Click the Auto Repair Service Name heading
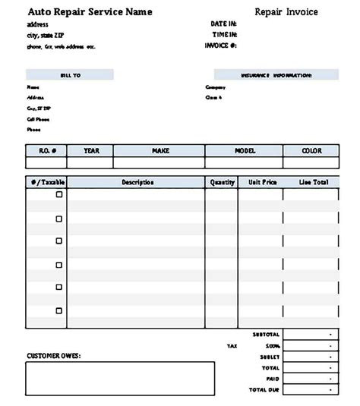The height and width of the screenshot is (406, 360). tap(90, 12)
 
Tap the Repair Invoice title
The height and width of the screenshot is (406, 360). tap(286, 12)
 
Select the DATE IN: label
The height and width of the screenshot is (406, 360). tap(224, 24)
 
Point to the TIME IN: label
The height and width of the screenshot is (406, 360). tap(224, 35)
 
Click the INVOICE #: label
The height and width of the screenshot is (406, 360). tap(221, 46)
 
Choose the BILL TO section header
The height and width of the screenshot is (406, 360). tap(70, 75)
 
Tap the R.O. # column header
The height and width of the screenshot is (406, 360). tap(46, 151)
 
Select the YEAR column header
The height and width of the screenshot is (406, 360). tap(91, 151)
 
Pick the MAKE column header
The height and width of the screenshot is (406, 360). tap(159, 151)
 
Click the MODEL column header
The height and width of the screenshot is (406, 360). tap(245, 151)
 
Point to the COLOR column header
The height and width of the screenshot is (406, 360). tap(311, 151)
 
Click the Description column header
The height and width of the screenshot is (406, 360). tap(137, 183)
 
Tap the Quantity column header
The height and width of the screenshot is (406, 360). tap(222, 183)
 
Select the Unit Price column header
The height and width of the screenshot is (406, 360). tap(261, 183)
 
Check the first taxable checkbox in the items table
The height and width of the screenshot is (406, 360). tap(59, 195)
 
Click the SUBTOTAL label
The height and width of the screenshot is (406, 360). tap(266, 335)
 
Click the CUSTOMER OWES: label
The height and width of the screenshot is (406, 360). tap(54, 355)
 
